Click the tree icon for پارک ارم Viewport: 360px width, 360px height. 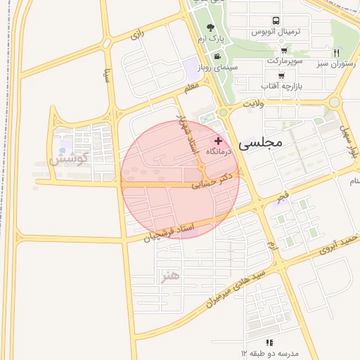211,27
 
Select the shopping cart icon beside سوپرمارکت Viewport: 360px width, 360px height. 283,50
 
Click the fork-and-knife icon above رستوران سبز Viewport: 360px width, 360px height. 337,53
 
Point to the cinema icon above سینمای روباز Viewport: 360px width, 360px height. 218,56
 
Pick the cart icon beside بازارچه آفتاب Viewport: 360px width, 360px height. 281,75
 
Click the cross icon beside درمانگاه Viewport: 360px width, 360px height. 218,141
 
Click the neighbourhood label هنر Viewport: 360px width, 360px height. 171,275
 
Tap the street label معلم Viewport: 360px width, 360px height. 191,87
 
